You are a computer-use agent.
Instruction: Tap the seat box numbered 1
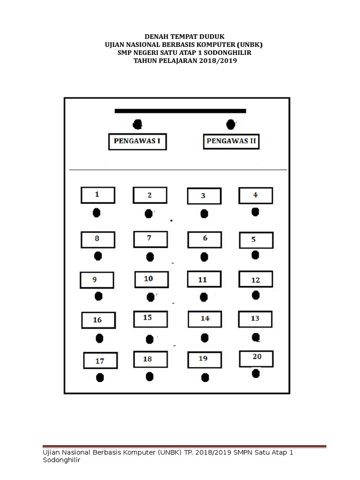(x=97, y=195)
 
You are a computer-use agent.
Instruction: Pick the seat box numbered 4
(x=255, y=195)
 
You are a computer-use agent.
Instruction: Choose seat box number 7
(x=150, y=239)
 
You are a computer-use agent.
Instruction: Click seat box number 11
(x=204, y=279)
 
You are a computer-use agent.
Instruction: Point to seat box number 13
(x=255, y=319)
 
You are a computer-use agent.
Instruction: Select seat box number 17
(x=100, y=361)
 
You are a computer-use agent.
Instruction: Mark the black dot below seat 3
(x=204, y=214)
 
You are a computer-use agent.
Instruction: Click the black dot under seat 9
(x=98, y=296)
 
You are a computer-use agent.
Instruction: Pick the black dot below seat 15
(x=150, y=339)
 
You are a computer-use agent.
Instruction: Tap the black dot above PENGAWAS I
(x=137, y=124)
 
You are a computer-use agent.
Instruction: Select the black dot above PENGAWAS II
(x=231, y=124)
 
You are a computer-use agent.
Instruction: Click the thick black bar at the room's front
(x=180, y=111)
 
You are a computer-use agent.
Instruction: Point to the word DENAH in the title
(x=157, y=37)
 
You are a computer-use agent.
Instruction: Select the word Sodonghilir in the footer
(x=62, y=460)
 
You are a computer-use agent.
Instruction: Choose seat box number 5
(x=255, y=240)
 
